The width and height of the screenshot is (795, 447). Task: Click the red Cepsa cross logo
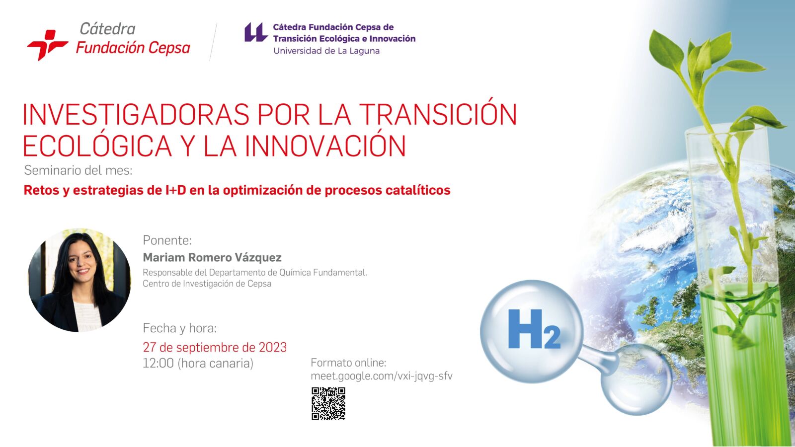tap(47, 45)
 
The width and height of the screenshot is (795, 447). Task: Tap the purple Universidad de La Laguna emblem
tap(255, 33)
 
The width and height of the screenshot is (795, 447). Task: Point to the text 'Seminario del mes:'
tap(78, 171)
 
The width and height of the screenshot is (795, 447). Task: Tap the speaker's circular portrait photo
tap(79, 280)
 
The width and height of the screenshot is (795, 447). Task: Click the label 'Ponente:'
tap(167, 240)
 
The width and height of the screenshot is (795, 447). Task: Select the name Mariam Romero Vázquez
tap(212, 258)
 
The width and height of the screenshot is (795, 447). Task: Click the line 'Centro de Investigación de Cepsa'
tap(207, 284)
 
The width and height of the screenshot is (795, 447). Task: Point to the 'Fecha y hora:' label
tap(179, 328)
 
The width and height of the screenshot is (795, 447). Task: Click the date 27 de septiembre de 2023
tap(215, 347)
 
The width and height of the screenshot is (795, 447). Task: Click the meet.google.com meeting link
tap(382, 376)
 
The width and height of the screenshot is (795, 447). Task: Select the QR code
tap(328, 404)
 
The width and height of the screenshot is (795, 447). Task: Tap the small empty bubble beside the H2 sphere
tap(636, 379)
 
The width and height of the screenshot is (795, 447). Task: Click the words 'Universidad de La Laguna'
tap(326, 51)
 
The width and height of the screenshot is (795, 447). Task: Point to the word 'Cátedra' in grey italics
tap(107, 29)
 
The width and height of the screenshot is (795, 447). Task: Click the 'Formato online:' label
tap(348, 363)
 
